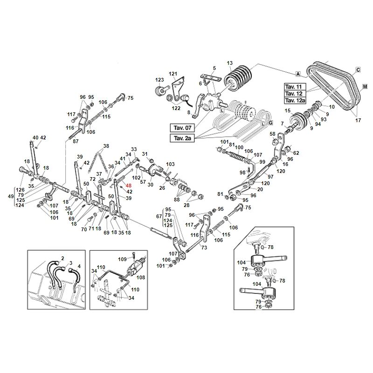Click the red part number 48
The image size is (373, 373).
pyautogui.click(x=129, y=186)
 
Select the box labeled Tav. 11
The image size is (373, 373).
pyautogui.click(x=295, y=87)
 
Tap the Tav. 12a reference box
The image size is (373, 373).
pyautogui.click(x=295, y=101)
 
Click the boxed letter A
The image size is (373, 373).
pyautogui.click(x=297, y=74)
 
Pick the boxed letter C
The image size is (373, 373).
pyautogui.click(x=358, y=70)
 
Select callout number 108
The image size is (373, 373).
pyautogui.click(x=141, y=276)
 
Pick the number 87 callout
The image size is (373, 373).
pyautogui.click(x=76, y=141)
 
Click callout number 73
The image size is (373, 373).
pyautogui.click(x=204, y=248)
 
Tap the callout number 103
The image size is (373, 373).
pyautogui.click(x=170, y=164)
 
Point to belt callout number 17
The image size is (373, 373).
pyautogui.click(x=358, y=120)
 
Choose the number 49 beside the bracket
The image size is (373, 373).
pyautogui.click(x=11, y=196)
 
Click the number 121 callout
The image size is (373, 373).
pyautogui.click(x=173, y=74)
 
